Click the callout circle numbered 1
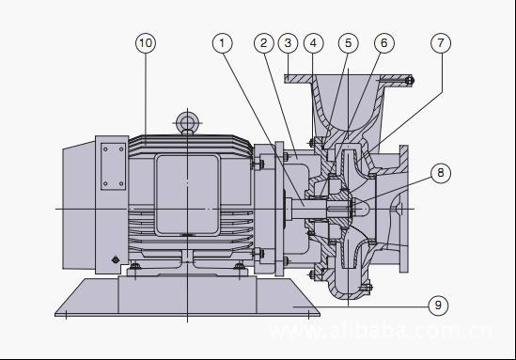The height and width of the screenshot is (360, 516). (223, 43)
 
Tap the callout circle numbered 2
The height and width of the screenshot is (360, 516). (264, 43)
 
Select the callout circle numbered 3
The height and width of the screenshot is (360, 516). (288, 43)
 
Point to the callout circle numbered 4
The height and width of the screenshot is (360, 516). (314, 43)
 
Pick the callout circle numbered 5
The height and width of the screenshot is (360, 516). (349, 43)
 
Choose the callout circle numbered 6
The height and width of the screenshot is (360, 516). (384, 43)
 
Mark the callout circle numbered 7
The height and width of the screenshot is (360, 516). (441, 43)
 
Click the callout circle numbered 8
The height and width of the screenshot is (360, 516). (441, 173)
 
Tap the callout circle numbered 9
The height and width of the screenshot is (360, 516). (438, 305)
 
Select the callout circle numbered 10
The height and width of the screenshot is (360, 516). (146, 43)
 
